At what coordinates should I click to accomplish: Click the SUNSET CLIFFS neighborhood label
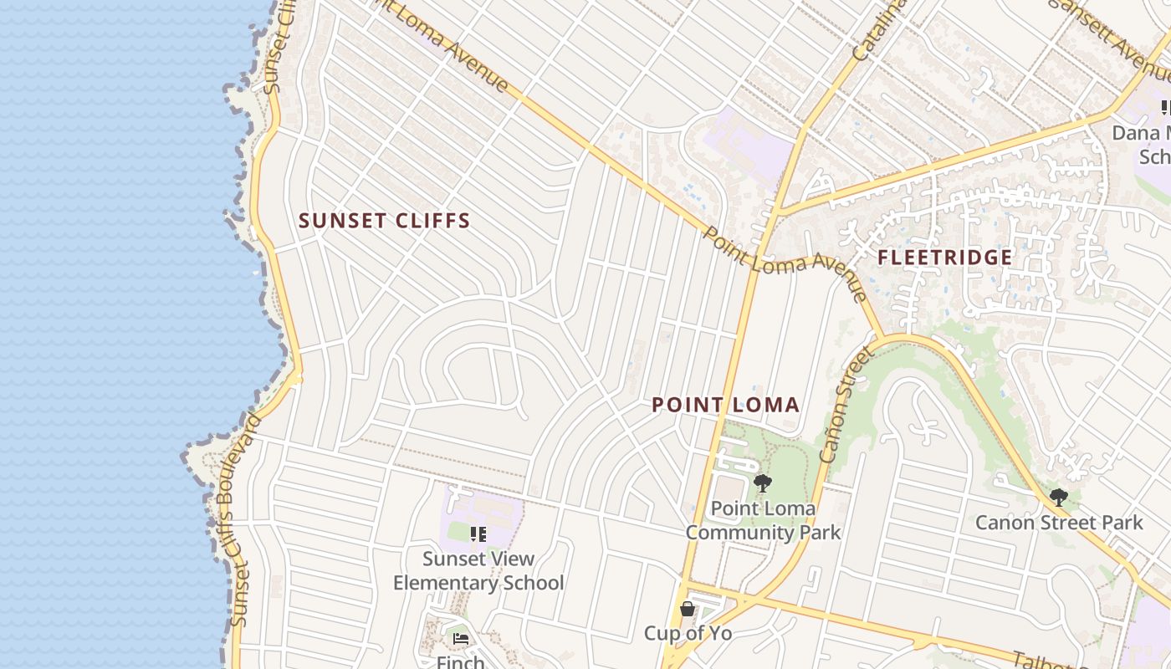[385, 221]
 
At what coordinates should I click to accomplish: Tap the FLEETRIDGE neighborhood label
[945, 258]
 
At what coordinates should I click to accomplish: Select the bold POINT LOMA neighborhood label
[725, 406]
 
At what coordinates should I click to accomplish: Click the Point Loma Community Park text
[763, 520]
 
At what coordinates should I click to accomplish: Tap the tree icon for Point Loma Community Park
[762, 483]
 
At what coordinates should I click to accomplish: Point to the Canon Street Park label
[1058, 523]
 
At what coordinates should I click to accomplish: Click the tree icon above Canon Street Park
[1058, 498]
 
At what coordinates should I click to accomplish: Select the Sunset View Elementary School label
[478, 571]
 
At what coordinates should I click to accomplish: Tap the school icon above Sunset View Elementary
[478, 534]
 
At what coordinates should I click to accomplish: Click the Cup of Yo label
[688, 633]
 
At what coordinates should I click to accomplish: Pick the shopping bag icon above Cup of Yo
[688, 609]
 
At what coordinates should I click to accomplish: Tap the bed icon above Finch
[461, 639]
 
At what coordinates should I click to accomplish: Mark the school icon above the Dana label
[1166, 108]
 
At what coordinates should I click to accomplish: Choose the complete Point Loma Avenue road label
[785, 263]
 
